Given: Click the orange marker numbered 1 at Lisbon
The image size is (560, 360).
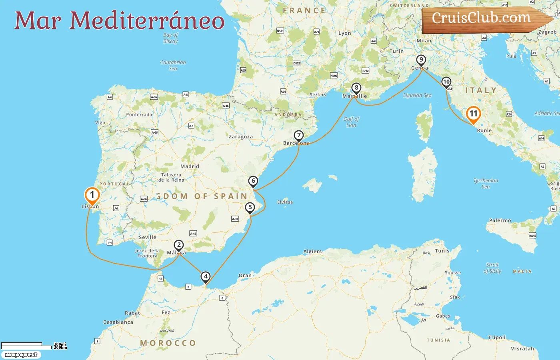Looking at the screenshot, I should click(x=92, y=195).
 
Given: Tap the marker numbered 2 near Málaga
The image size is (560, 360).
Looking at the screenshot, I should click(x=178, y=245).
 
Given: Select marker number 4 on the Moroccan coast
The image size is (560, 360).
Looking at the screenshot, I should click(x=206, y=276).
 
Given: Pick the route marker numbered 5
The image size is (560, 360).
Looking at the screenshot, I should click(x=250, y=207).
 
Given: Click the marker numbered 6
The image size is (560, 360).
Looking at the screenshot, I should click(x=253, y=181).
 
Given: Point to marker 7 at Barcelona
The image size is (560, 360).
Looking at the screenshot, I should click(x=298, y=135).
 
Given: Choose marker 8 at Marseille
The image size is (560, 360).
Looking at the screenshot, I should click(x=356, y=88).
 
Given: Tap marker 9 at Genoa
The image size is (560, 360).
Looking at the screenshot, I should click(x=421, y=60).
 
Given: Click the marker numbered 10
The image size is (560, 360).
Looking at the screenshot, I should click(x=446, y=82).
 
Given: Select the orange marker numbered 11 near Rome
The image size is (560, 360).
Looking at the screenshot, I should click(x=474, y=114).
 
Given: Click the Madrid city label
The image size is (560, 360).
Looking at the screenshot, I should click(x=190, y=166).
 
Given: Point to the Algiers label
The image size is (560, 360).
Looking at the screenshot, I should click(x=312, y=252).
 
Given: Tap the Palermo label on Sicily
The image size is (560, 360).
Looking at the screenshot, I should click(x=500, y=220).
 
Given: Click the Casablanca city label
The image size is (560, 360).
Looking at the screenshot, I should click(x=118, y=322).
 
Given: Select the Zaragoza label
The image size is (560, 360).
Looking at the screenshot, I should click(x=240, y=137).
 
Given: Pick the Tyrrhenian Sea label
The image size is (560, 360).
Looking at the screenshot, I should click(x=486, y=184).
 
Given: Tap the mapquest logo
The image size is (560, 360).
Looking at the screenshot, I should click(x=21, y=355).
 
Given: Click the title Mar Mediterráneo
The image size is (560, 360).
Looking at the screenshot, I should click(x=119, y=21).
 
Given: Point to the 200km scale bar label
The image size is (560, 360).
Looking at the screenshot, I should click(x=60, y=348).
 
